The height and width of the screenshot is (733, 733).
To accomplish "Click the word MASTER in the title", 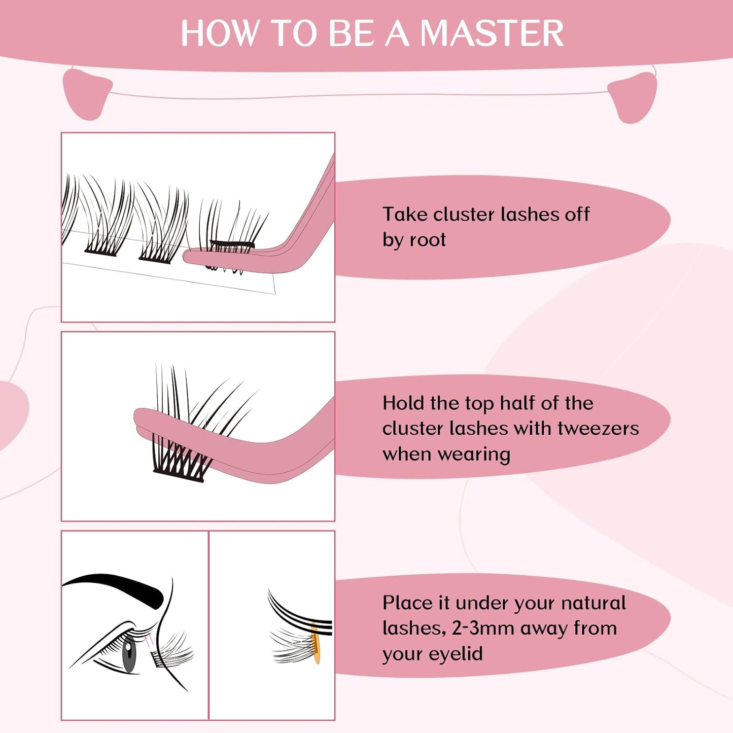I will pyautogui.click(x=492, y=33).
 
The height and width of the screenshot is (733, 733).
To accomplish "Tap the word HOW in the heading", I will pyautogui.click(x=219, y=33).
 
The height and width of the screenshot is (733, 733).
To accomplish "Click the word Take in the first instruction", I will pyautogui.click(x=405, y=214).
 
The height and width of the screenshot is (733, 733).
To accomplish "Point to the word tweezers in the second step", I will pyautogui.click(x=598, y=429).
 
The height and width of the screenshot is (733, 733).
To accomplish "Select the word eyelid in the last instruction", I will pyautogui.click(x=454, y=654).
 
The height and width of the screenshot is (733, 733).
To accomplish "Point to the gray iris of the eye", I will pyautogui.click(x=129, y=654).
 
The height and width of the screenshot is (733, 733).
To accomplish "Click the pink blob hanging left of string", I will pyautogui.click(x=86, y=94).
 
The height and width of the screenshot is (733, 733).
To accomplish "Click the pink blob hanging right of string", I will pyautogui.click(x=633, y=97).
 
